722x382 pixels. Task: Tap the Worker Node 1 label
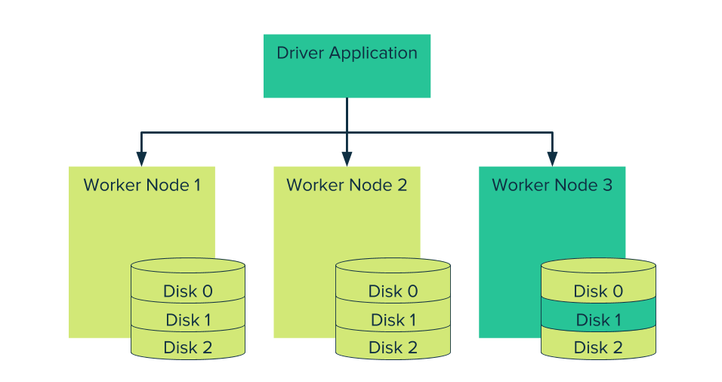[x=142, y=185]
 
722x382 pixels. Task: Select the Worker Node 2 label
[x=347, y=185]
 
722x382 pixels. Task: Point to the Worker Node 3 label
[x=552, y=185]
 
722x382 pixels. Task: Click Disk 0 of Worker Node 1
[x=187, y=291]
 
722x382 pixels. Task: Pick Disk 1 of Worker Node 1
[x=187, y=320]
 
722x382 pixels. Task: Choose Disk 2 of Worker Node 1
[x=187, y=347]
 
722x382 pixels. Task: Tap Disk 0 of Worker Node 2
[x=393, y=291]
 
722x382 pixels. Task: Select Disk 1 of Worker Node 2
[x=393, y=320]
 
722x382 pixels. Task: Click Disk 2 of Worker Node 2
[x=393, y=347]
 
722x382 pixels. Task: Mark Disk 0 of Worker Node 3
[x=598, y=291]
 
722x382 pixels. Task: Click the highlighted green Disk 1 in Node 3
[x=598, y=320]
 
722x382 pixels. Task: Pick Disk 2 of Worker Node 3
[x=598, y=347]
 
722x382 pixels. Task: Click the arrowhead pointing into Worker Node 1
[x=141, y=159]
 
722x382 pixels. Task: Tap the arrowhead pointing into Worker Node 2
[x=347, y=159]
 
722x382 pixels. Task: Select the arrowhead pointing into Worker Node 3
[x=552, y=159]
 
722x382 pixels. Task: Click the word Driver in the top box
[x=300, y=54]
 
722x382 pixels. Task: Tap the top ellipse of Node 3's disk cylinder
[x=598, y=266]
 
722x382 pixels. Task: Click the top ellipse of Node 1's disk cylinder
[x=187, y=266]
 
